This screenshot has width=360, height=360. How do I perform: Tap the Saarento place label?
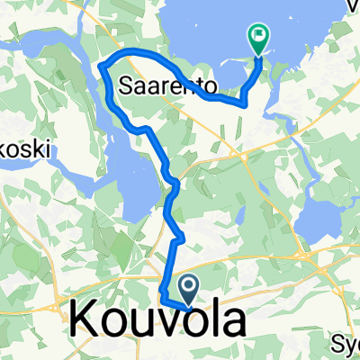[167, 86]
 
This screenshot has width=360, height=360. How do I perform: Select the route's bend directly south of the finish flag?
[243, 104]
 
